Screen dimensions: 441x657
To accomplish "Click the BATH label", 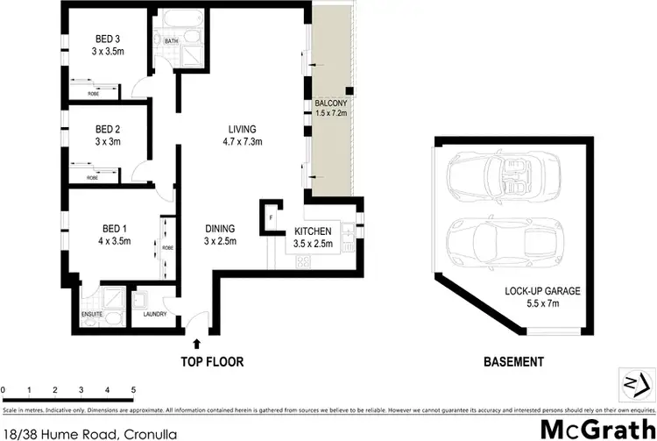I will click(x=170, y=39).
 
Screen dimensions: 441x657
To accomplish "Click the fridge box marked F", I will click(x=272, y=216).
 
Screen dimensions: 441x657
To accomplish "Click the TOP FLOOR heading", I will click(x=212, y=361).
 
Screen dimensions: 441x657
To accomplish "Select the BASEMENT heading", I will click(x=514, y=361).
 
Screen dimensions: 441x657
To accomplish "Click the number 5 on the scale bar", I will click(x=133, y=388).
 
